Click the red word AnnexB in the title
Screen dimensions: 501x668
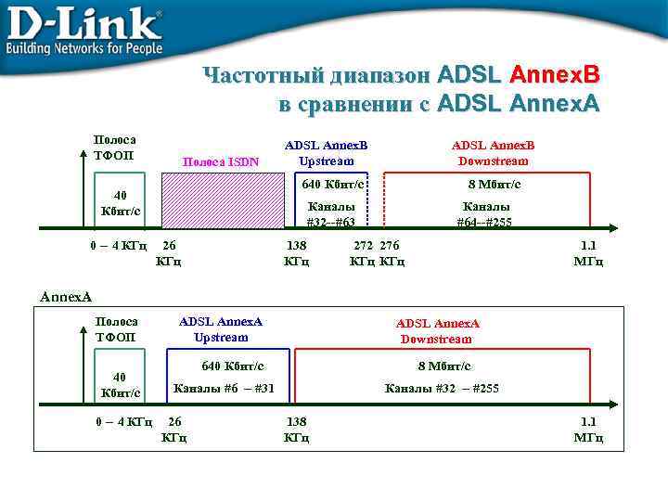(x=555, y=73)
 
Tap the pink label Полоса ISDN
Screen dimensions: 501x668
(x=221, y=161)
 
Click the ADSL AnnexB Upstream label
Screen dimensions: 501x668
(x=326, y=153)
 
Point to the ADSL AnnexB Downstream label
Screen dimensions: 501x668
(x=493, y=153)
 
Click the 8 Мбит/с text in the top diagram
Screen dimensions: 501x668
(x=494, y=185)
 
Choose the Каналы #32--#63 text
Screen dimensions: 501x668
(x=331, y=214)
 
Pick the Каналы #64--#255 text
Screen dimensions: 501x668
(x=484, y=214)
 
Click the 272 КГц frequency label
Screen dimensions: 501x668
(x=363, y=253)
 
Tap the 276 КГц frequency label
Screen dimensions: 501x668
(x=392, y=253)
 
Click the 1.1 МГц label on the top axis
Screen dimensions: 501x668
(x=588, y=253)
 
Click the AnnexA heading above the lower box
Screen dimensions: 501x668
(x=66, y=297)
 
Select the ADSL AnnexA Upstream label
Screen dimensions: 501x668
(x=221, y=329)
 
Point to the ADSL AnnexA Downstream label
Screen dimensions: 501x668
(x=437, y=331)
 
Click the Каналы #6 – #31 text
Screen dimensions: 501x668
(x=224, y=388)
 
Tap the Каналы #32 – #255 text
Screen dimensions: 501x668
(x=442, y=388)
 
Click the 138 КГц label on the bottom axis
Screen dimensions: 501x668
(x=296, y=429)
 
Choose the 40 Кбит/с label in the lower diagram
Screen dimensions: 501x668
(x=120, y=385)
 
